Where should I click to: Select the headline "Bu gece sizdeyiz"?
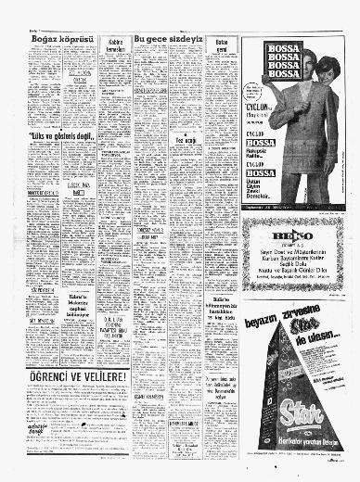pyautogui.click(x=169, y=38)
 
